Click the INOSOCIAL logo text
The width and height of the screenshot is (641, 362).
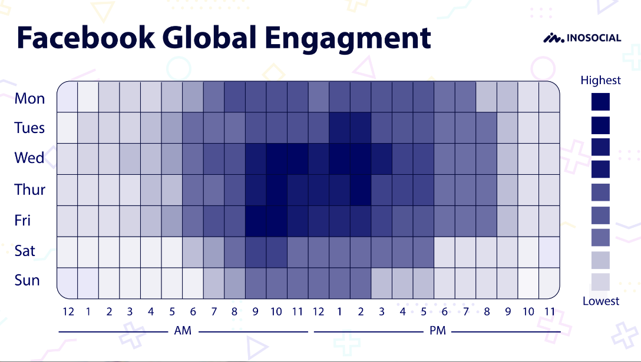tap(594, 38)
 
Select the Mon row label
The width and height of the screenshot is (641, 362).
tap(29, 98)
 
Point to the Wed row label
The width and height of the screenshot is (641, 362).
tap(29, 158)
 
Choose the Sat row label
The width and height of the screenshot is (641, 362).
tap(25, 251)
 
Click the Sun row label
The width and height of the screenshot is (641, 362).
tap(27, 280)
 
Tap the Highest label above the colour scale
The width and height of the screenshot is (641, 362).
tap(600, 81)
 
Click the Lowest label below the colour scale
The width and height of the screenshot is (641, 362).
tap(601, 301)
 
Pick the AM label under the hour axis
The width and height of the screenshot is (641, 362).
tap(183, 331)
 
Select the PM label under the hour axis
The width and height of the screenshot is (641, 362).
tap(437, 331)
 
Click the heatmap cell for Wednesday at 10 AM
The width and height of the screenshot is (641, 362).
tap(277, 159)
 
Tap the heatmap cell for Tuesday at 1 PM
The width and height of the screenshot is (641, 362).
tap(340, 128)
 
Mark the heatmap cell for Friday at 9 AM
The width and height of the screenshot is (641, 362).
tap(256, 221)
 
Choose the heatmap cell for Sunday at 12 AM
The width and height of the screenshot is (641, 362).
tap(67, 283)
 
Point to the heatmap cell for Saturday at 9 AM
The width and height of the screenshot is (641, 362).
tap(256, 252)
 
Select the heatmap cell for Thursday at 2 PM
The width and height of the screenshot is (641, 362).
tap(361, 190)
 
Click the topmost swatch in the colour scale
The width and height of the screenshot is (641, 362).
tap(600, 102)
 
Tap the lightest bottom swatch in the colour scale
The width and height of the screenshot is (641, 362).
tap(600, 282)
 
